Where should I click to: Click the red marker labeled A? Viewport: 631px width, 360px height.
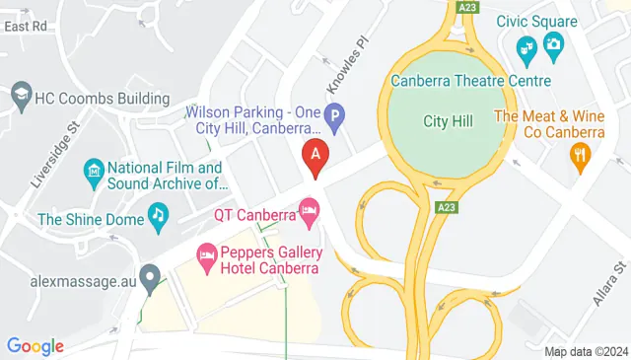[315, 156]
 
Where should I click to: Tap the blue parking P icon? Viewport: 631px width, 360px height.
[334, 119]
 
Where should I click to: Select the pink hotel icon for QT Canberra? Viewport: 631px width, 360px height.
[310, 210]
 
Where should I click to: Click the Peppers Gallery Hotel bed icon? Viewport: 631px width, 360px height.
[207, 257]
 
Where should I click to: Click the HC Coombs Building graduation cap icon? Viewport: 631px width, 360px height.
[21, 96]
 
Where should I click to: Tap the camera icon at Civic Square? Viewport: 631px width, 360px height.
[552, 43]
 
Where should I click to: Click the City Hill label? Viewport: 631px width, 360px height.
[449, 121]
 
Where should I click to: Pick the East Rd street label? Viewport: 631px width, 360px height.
[26, 27]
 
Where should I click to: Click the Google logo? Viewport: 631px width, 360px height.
[35, 345]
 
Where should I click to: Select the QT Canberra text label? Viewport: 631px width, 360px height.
[255, 214]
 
